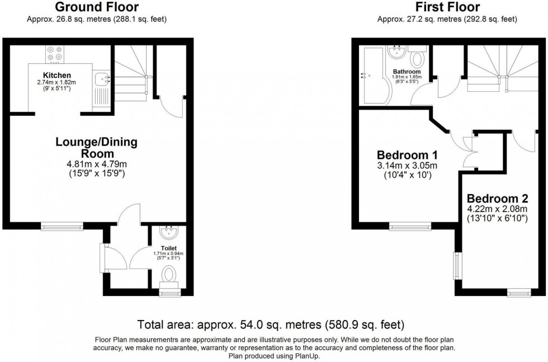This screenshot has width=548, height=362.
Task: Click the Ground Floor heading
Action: pyautogui.click(x=97, y=7)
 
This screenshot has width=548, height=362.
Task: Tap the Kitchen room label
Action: pyautogui.click(x=57, y=75)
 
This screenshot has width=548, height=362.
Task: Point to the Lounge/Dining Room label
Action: pyautogui.click(x=96, y=148)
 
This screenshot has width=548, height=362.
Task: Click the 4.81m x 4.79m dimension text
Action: pyautogui.click(x=96, y=164)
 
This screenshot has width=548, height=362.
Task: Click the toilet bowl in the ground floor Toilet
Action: pyautogui.click(x=168, y=274)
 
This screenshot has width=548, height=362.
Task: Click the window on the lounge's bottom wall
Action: pyautogui.click(x=62, y=227)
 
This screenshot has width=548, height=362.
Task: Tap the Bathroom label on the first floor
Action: pyautogui.click(x=407, y=72)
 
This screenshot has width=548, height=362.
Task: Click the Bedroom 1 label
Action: pyautogui.click(x=407, y=155)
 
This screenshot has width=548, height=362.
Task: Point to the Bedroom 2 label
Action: pyautogui.click(x=498, y=199)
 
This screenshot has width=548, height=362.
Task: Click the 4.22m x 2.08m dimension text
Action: pyautogui.click(x=498, y=209)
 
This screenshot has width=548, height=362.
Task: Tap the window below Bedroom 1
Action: pyautogui.click(x=410, y=227)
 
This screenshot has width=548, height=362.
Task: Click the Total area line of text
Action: pyautogui.click(x=271, y=325)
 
